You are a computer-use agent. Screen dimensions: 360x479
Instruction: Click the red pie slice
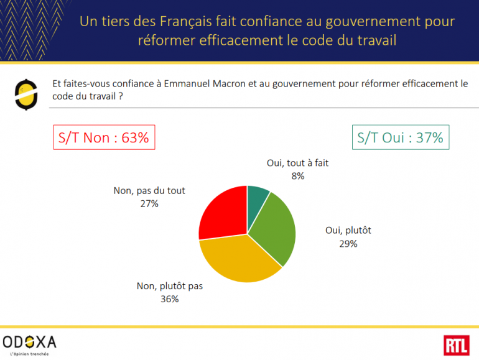click(x=221, y=215)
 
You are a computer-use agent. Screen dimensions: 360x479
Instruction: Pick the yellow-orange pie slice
click(x=240, y=258)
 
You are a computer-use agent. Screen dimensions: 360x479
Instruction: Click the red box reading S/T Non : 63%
click(x=104, y=137)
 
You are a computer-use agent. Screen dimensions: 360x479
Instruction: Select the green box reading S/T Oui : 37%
click(x=400, y=137)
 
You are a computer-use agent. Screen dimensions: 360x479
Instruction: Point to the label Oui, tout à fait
click(x=298, y=164)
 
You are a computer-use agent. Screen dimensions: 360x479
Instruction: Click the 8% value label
click(x=298, y=176)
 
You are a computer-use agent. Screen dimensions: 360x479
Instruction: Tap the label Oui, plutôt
click(x=348, y=231)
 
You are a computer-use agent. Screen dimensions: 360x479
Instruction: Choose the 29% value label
click(x=348, y=244)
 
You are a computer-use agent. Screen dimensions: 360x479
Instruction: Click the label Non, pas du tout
click(x=149, y=191)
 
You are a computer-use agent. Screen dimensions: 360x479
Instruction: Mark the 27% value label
click(x=149, y=203)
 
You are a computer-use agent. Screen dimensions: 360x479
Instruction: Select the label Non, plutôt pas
click(x=170, y=287)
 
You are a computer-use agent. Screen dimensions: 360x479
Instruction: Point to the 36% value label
click(x=170, y=299)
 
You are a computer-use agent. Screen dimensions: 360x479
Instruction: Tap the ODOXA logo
click(x=29, y=342)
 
